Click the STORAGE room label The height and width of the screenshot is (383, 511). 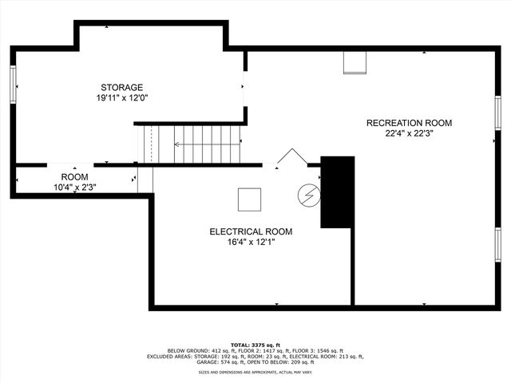point(121,87)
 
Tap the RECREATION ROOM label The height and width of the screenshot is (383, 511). point(409,123)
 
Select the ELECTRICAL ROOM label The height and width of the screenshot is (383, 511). point(251,231)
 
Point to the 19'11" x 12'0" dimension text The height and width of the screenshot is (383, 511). point(121,97)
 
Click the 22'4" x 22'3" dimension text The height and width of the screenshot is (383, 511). point(409,133)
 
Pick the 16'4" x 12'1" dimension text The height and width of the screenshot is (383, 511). point(251,242)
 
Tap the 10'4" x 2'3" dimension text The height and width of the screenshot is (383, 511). point(75,187)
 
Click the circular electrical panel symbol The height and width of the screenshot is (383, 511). point(307,194)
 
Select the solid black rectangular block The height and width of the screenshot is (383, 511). point(337,191)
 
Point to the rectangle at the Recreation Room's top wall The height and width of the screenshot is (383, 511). point(355,63)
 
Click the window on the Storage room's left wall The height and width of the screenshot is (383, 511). point(13,83)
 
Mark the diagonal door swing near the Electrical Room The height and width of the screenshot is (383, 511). point(291,157)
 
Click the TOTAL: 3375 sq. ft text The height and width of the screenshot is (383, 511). point(255,345)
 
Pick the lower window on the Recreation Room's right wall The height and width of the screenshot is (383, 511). point(497,243)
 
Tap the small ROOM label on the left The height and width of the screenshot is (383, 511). point(75,176)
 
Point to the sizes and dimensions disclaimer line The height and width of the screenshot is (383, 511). point(255,373)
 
